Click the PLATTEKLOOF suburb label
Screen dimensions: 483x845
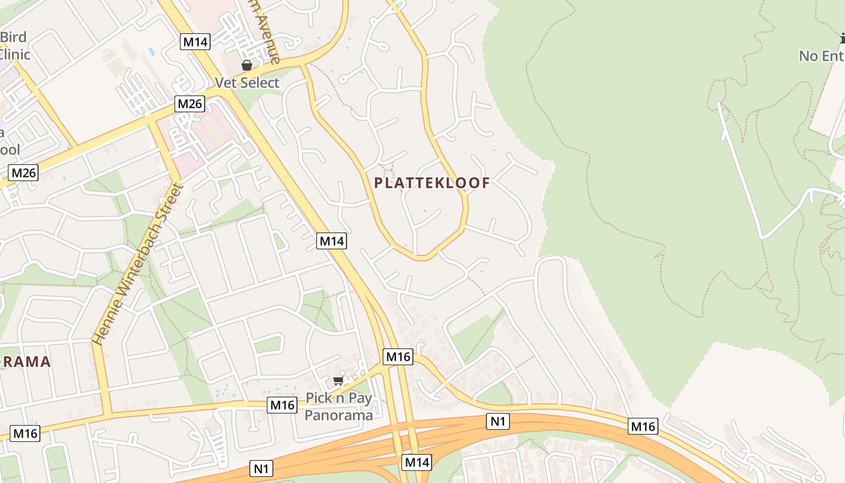coord(432,182)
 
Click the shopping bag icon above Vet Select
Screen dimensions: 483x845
coord(247,65)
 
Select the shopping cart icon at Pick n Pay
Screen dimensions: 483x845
coord(338,381)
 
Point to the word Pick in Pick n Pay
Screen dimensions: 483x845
coord(319,398)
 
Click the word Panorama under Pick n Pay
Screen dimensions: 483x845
coord(338,415)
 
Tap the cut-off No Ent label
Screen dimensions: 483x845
coord(821,56)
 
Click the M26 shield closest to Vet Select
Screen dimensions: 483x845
coord(190,104)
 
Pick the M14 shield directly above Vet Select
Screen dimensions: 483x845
coord(195,42)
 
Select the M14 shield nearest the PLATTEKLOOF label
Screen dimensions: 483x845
coord(331,241)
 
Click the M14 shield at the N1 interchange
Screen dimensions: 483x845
coord(416,462)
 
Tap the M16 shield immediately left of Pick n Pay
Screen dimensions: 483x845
coord(282,405)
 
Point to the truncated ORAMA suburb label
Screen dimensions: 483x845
coord(24,362)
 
